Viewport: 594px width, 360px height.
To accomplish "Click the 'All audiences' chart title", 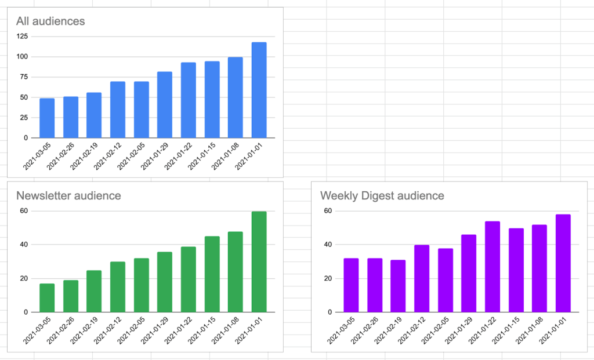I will pos(50,21).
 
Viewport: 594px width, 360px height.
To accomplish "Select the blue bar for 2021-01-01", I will pos(259,90).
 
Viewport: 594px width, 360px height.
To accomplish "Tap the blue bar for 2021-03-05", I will pos(47,118).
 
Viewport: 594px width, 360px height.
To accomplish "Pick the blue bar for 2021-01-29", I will pos(165,105).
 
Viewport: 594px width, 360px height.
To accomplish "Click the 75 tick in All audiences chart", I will pos(23,77).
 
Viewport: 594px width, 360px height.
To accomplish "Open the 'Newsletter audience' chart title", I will pos(68,195).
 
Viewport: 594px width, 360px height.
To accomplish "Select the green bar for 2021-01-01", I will pos(259,261).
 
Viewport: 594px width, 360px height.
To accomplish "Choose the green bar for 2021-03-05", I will pos(47,297).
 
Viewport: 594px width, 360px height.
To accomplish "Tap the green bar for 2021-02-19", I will pos(94,291).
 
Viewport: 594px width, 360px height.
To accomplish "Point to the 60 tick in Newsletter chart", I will pos(23,210).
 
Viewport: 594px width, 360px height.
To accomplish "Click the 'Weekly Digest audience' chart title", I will pos(382,195).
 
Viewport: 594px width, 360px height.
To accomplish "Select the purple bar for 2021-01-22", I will pos(492,267).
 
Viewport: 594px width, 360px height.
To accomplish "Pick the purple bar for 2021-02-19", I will pos(398,286).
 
